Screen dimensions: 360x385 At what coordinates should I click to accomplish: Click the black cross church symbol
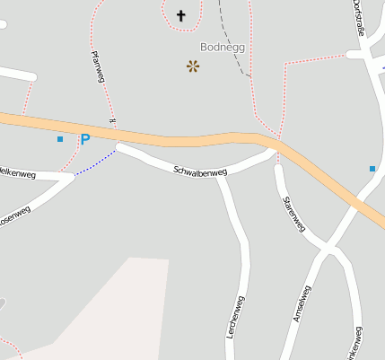181,14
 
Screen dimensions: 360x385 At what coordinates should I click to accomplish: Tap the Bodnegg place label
222,46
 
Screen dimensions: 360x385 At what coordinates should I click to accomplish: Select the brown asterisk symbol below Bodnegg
193,66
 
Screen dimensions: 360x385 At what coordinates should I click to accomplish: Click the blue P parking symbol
85,140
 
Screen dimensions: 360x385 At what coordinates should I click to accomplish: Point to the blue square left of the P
60,139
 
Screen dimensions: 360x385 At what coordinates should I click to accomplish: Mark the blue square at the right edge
372,168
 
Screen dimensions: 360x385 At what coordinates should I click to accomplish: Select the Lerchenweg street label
239,316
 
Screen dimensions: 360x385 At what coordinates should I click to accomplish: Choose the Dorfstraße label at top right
362,18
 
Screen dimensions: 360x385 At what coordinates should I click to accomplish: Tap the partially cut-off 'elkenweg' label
17,172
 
